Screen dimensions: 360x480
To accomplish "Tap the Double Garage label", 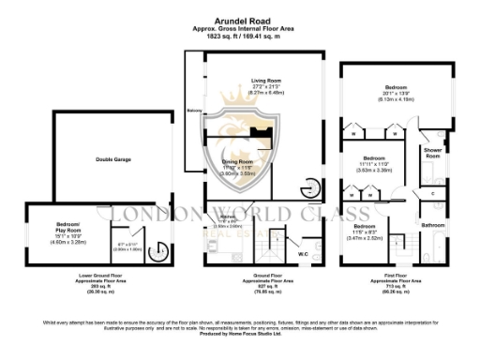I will (x=112, y=159).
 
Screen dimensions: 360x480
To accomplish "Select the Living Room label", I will (x=241, y=82).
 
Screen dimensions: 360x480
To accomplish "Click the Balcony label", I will (x=194, y=110).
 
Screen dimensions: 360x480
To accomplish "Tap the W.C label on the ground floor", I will (x=303, y=253).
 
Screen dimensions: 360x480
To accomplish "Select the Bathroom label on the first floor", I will (x=432, y=225).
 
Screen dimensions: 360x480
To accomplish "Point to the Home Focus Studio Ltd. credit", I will (x=239, y=335).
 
